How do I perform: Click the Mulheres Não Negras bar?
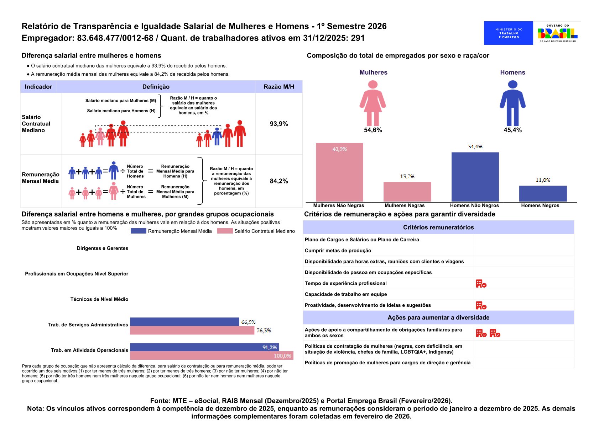pyautogui.click(x=339, y=172)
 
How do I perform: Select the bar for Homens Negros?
pyautogui.click(x=543, y=194)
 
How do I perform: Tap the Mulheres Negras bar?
pyautogui.click(x=407, y=192)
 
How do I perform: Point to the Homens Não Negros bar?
pyautogui.click(x=475, y=177)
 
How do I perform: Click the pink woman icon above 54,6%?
pyautogui.click(x=373, y=103)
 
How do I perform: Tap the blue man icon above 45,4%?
pyautogui.click(x=512, y=103)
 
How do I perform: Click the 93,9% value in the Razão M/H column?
pyautogui.click(x=279, y=124)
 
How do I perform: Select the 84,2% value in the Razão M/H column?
pyautogui.click(x=279, y=181)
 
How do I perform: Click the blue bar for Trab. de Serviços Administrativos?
pyautogui.click(x=184, y=322)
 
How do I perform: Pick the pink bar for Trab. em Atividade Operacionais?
pyautogui.click(x=212, y=355)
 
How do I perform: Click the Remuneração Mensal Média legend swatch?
pyautogui.click(x=138, y=231)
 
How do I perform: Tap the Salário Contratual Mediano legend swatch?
pyautogui.click(x=225, y=231)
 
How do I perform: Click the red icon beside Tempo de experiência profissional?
pyautogui.click(x=481, y=284)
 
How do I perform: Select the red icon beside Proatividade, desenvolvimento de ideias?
pyautogui.click(x=481, y=305)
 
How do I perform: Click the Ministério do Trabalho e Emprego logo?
pyautogui.click(x=508, y=33)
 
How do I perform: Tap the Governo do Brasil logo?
pyautogui.click(x=557, y=33)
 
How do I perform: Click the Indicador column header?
pyautogui.click(x=38, y=87)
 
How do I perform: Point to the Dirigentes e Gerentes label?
pyautogui.click(x=103, y=248)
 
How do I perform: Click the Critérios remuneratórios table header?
pyautogui.click(x=438, y=227)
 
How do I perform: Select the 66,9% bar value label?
pyautogui.click(x=248, y=322)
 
